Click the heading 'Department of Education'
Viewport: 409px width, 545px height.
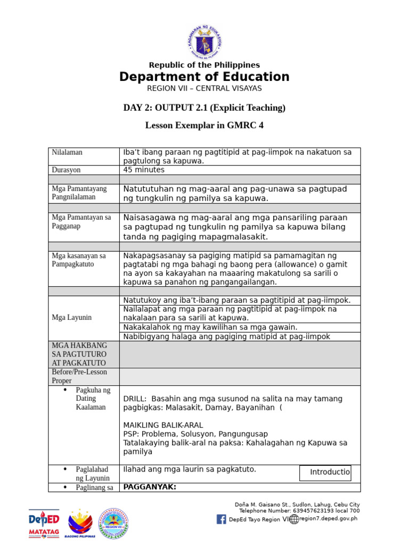[204, 77]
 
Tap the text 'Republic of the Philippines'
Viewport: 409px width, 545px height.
[204, 65]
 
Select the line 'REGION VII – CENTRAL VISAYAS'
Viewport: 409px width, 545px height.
[204, 88]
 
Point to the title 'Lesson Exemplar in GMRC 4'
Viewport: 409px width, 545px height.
[204, 126]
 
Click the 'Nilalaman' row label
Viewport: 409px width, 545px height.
[67, 152]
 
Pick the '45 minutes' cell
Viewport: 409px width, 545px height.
[144, 170]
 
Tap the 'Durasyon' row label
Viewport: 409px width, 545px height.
[67, 170]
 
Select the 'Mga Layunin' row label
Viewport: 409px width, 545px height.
[72, 318]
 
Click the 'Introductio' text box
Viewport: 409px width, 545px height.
[325, 473]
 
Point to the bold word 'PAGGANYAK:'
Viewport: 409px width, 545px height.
[150, 486]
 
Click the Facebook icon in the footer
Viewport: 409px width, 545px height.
[221, 519]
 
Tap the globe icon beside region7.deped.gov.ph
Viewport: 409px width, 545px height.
[294, 519]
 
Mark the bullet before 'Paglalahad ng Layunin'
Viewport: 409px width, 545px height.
[65, 469]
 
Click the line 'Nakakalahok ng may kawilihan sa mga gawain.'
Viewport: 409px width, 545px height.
[210, 327]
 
